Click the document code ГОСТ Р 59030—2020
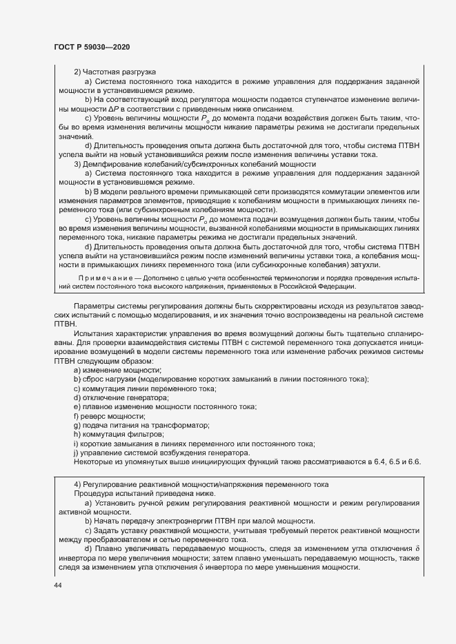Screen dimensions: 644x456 point(91,46)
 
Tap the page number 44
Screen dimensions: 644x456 point(58,584)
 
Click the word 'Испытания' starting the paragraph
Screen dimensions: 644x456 point(95,333)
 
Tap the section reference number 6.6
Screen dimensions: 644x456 point(414,461)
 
